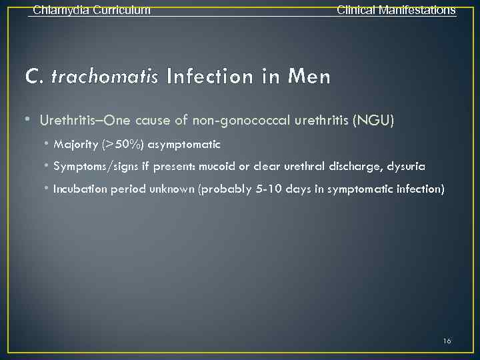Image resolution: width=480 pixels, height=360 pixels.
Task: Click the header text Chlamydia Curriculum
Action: [x=91, y=10]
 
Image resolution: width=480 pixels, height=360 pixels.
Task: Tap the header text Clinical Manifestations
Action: [x=396, y=10]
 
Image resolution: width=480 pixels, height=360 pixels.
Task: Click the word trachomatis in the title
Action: [x=105, y=77]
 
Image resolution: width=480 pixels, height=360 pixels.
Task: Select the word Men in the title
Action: [x=309, y=77]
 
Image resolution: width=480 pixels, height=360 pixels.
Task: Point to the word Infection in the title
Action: [x=214, y=77]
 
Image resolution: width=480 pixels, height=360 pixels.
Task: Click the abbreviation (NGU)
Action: [x=374, y=121]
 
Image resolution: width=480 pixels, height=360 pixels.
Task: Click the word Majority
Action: [x=75, y=145]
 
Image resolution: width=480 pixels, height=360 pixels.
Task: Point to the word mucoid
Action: [x=239, y=166]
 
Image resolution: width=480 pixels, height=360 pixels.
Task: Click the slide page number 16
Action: [x=447, y=341]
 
